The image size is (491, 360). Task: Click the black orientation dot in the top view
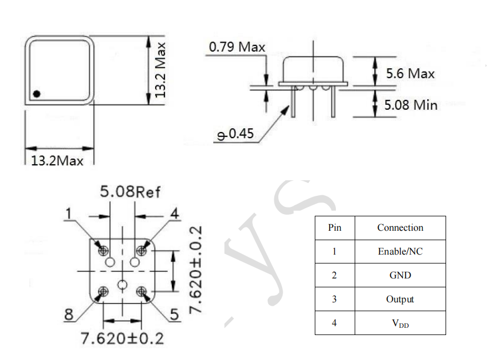[x=37, y=93]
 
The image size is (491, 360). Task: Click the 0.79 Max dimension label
[x=237, y=47]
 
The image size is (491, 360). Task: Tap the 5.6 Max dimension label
[x=410, y=73]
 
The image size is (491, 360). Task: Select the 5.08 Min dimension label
[x=411, y=104]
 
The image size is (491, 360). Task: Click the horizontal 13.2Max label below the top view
[x=57, y=161]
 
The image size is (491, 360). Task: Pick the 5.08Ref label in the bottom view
[x=130, y=192]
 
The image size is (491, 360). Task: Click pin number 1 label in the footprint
[x=69, y=214]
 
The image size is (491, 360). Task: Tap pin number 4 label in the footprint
[x=174, y=214]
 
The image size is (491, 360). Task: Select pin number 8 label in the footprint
[x=69, y=315]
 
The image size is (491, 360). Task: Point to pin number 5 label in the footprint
[x=174, y=315]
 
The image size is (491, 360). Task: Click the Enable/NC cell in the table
[x=400, y=251]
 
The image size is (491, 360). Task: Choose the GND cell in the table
[x=400, y=275]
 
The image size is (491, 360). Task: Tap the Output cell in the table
[x=400, y=299]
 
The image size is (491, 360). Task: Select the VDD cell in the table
[x=400, y=323]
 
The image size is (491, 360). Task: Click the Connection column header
[x=400, y=227]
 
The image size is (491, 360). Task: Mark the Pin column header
[x=335, y=227]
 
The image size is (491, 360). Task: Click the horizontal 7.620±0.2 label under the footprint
[x=122, y=338]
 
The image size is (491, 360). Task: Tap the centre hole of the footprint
[x=122, y=285]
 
